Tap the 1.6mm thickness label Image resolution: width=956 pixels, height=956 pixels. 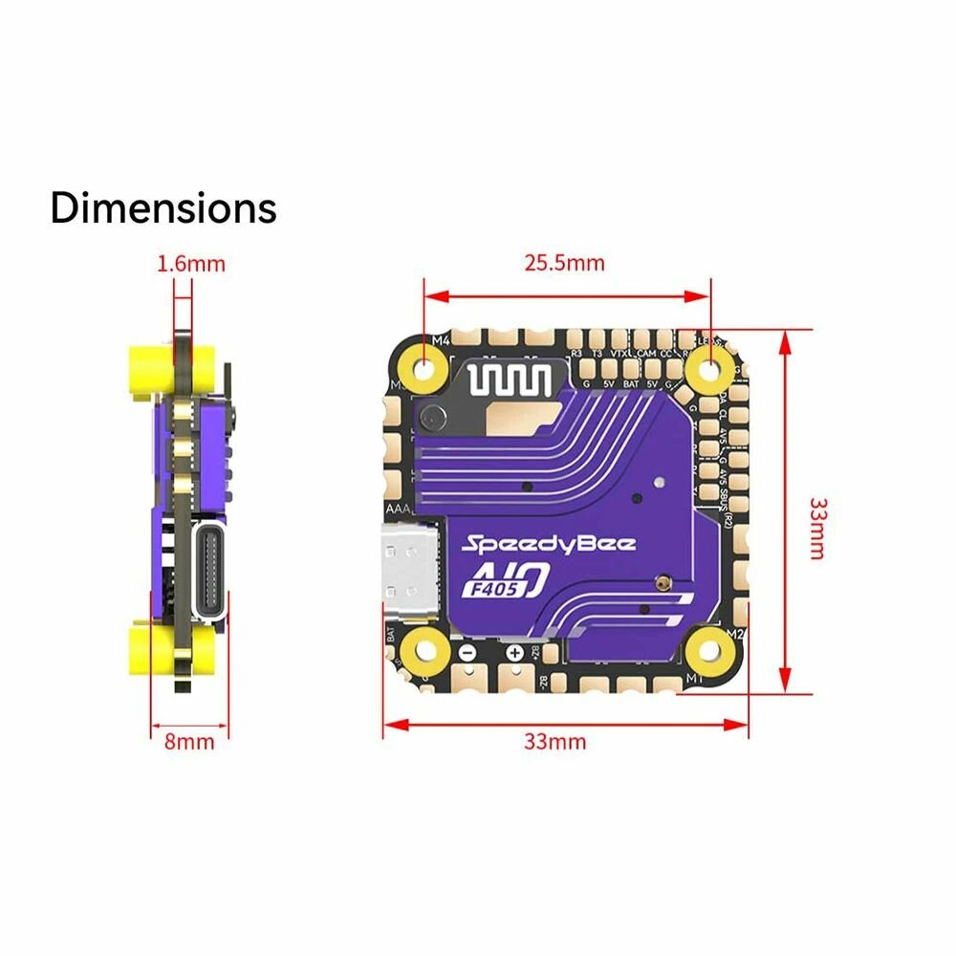click(x=190, y=263)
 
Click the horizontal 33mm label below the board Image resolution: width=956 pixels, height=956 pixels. click(x=554, y=741)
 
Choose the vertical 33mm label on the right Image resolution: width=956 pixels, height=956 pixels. click(x=817, y=528)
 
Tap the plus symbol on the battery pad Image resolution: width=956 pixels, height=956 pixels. click(x=515, y=653)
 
